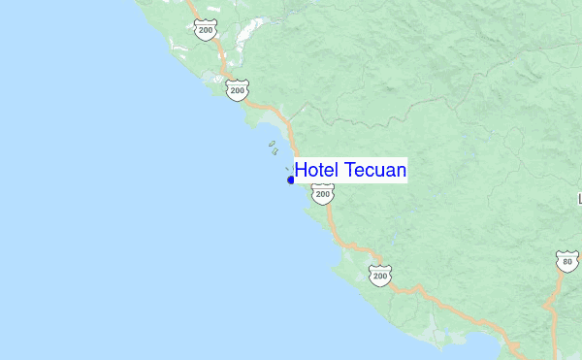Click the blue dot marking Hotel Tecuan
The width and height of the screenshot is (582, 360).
[291, 180]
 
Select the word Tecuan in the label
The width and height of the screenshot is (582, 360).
[372, 171]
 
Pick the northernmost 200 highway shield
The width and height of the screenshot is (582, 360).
[204, 30]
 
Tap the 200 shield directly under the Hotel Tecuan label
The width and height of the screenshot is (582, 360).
[323, 194]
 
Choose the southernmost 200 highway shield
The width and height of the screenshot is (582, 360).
[380, 276]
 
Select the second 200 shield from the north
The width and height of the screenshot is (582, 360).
[238, 90]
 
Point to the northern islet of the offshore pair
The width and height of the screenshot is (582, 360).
[273, 144]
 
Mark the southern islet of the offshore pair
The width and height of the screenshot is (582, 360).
[275, 151]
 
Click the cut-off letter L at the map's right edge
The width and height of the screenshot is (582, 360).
[579, 199]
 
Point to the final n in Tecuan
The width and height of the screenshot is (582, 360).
[400, 172]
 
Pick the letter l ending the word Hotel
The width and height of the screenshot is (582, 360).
[335, 171]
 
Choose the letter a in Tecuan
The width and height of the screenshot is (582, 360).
[389, 172]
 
